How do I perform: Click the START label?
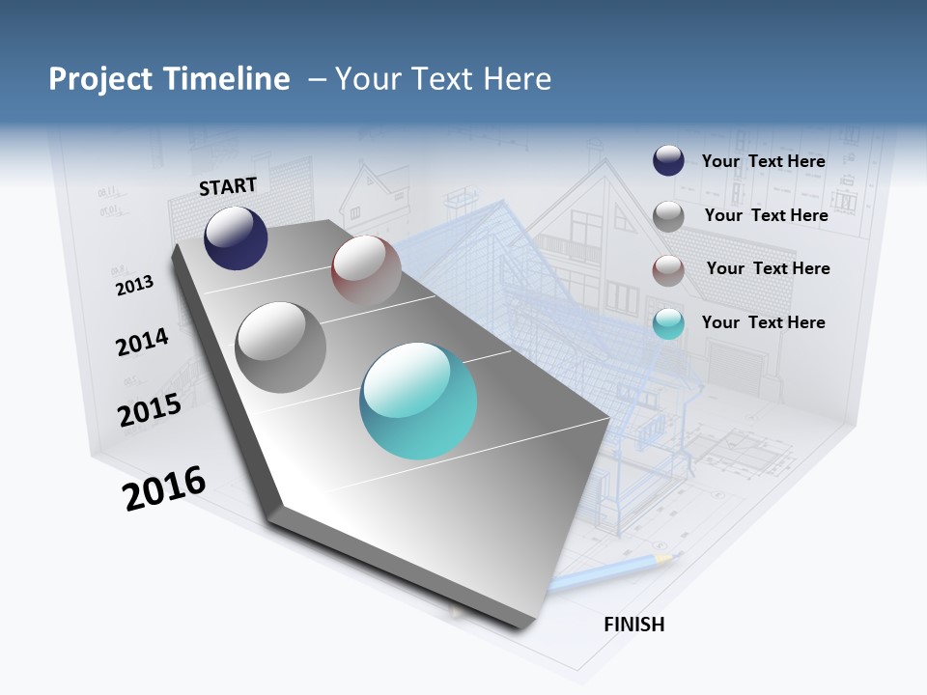point(228,186)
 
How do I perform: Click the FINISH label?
point(634,625)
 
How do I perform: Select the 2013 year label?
point(134,285)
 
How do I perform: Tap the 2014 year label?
point(142,342)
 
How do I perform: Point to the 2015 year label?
point(149,410)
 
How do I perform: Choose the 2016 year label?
point(164,488)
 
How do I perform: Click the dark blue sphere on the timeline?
point(236,237)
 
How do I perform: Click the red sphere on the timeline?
point(366,271)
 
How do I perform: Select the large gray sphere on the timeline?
point(280,347)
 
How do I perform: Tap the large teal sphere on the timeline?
point(418,401)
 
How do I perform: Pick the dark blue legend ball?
point(668,160)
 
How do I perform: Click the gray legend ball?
point(668,216)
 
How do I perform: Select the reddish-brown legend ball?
point(668,270)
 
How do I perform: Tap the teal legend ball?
point(668,324)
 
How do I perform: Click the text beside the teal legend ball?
point(763,322)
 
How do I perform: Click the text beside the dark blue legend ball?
point(763,161)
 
